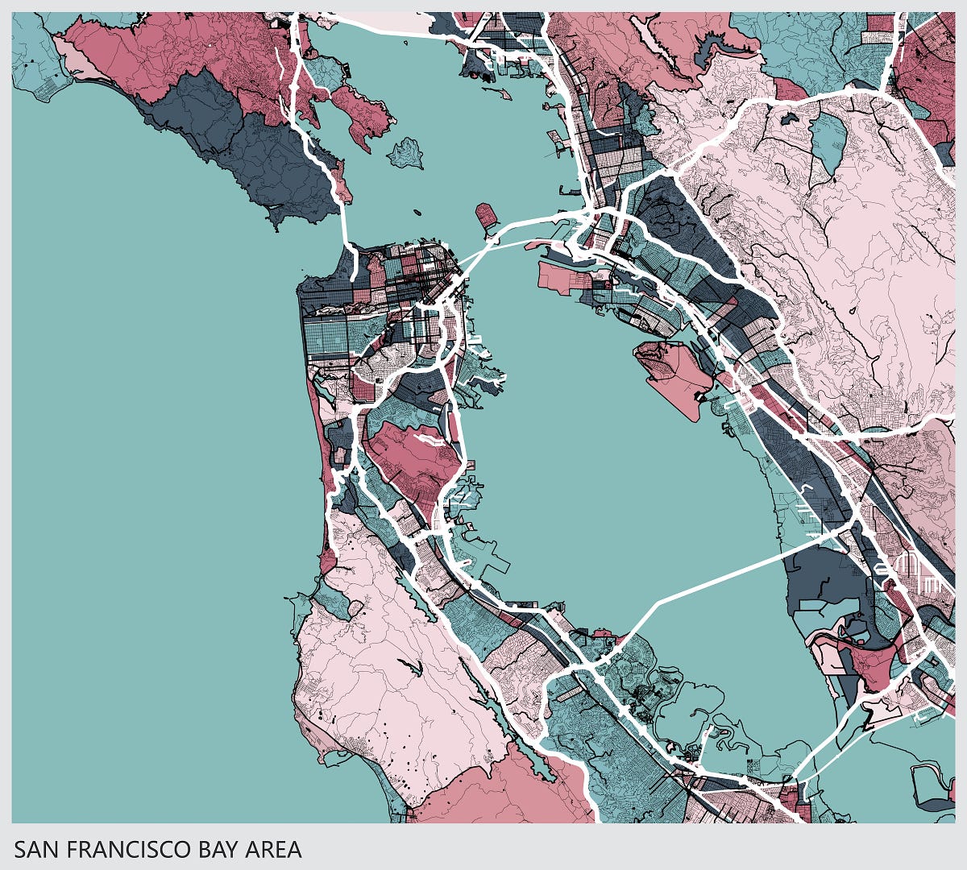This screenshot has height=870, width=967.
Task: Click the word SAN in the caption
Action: coord(36,849)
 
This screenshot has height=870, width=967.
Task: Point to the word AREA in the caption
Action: coord(269,849)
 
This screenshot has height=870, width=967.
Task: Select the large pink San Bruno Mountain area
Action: coord(411,459)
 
